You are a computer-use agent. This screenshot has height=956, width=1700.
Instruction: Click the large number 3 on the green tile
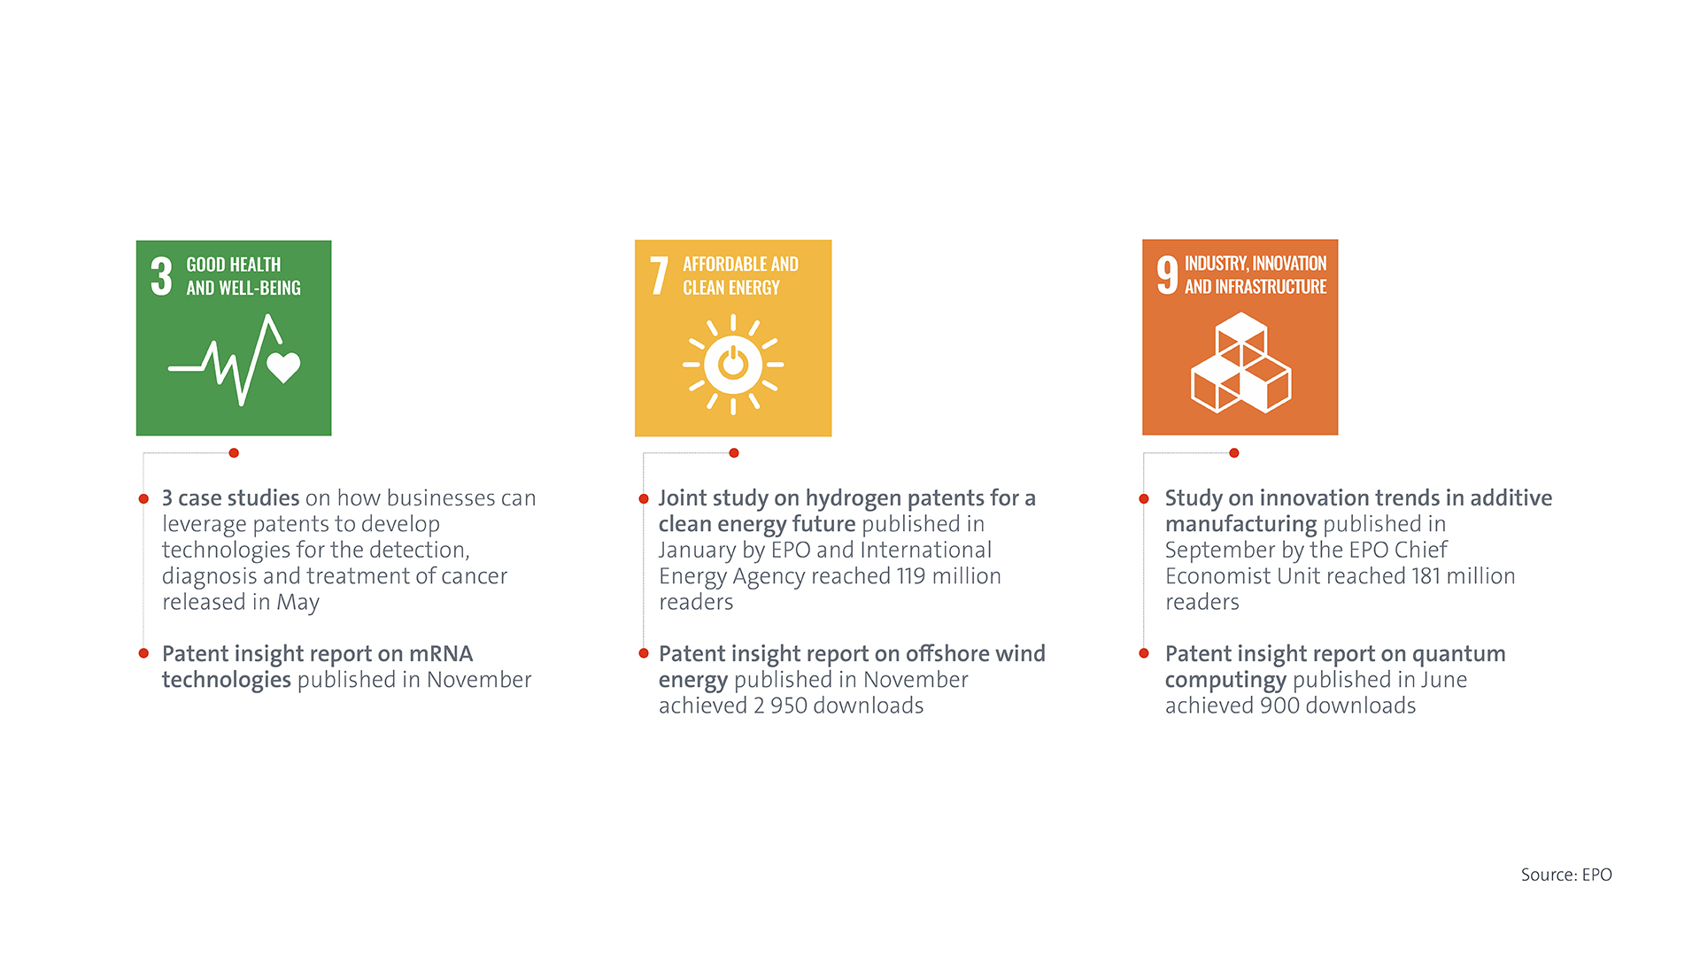tap(161, 276)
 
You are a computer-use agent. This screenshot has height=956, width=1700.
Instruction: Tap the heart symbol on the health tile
tap(283, 366)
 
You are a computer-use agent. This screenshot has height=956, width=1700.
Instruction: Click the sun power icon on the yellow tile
tap(733, 364)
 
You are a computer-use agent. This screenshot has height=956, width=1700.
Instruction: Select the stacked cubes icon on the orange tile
tap(1240, 363)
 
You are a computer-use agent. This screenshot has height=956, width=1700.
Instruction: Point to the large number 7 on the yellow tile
tap(659, 276)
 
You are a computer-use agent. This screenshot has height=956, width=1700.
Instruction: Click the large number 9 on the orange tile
tap(1168, 275)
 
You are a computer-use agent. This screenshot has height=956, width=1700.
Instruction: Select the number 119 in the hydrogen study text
tap(911, 576)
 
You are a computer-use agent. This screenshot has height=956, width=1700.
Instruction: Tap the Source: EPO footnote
tap(1566, 875)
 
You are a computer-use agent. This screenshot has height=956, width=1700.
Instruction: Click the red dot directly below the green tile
tap(234, 453)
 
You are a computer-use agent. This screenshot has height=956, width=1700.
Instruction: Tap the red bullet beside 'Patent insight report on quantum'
tap(1144, 653)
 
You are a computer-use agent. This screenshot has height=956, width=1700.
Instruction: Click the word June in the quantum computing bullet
tap(1443, 680)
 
